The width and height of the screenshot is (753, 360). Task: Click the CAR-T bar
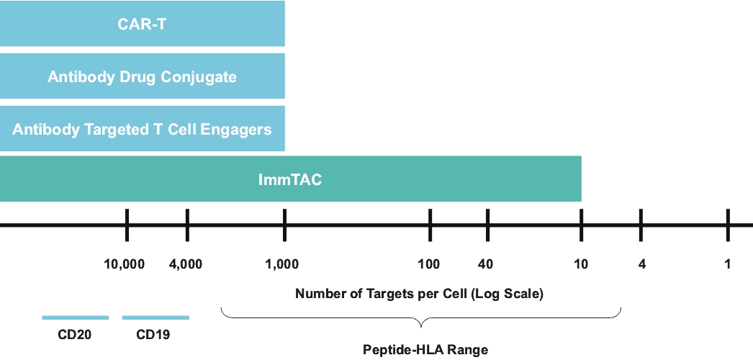pyautogui.click(x=142, y=23)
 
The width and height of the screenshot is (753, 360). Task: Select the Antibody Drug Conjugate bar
pyautogui.click(x=142, y=76)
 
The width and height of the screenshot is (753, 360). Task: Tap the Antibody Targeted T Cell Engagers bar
pyautogui.click(x=142, y=129)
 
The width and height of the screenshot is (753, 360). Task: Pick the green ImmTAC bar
pyautogui.click(x=291, y=179)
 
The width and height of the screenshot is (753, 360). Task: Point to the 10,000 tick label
pyautogui.click(x=125, y=264)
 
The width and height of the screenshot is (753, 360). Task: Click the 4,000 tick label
pyautogui.click(x=186, y=264)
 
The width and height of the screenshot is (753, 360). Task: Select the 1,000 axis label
pyautogui.click(x=282, y=264)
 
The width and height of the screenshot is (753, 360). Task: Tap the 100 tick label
pyautogui.click(x=429, y=264)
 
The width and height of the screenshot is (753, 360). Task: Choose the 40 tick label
pyautogui.click(x=485, y=264)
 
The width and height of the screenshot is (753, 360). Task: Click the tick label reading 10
pyautogui.click(x=581, y=264)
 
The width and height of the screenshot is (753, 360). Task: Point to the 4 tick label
pyautogui.click(x=641, y=264)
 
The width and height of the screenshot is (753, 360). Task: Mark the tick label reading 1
pyautogui.click(x=728, y=264)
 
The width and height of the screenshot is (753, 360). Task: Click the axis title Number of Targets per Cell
pyautogui.click(x=419, y=294)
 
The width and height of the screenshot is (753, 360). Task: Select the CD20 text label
pyautogui.click(x=74, y=335)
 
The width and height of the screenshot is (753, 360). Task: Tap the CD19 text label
pyautogui.click(x=153, y=335)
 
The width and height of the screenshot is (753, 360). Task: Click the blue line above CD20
pyautogui.click(x=76, y=318)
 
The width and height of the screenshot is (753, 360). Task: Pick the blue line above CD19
pyautogui.click(x=155, y=318)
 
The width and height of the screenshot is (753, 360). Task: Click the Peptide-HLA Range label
pyautogui.click(x=425, y=350)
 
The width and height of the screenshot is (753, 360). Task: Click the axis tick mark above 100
pyautogui.click(x=430, y=225)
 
